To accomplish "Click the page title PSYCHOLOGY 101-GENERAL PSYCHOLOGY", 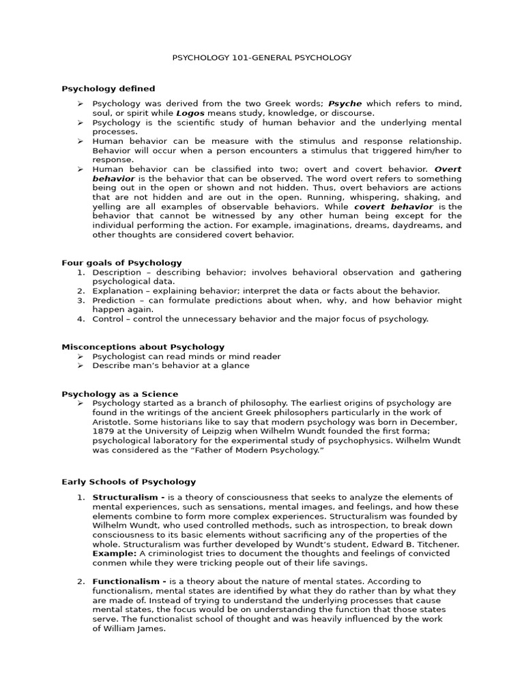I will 261,58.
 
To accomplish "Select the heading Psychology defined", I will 108,89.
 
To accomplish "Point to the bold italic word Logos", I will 190,112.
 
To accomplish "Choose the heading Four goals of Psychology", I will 121,262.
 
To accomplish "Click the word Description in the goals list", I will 117,272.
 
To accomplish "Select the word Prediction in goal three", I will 114,300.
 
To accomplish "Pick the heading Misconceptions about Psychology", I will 143,347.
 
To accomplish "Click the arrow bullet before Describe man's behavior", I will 80,365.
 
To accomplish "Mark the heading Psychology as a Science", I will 119,394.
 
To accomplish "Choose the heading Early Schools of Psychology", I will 128,481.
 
